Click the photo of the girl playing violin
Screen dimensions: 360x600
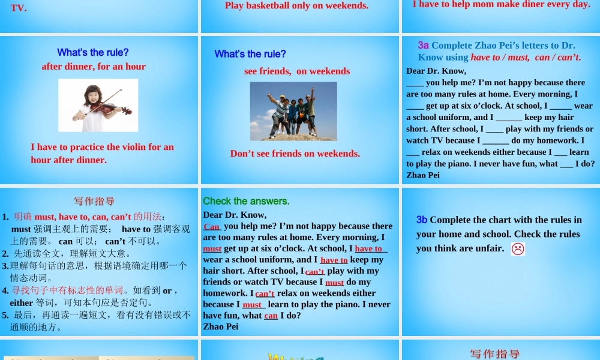click(98, 105)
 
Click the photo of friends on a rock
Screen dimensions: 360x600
click(293, 111)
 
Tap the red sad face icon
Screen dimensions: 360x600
click(518, 249)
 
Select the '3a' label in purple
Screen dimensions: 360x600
click(424, 45)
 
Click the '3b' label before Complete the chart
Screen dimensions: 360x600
click(422, 220)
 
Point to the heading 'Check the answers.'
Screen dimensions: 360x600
click(246, 201)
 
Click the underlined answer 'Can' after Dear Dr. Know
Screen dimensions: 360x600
click(212, 226)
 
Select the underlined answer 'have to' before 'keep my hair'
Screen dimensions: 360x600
click(334, 260)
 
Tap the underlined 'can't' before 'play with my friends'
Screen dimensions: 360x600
click(315, 271)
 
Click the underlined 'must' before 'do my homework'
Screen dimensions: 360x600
click(334, 282)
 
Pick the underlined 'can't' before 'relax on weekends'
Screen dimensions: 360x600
click(265, 293)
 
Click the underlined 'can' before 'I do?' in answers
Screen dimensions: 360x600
click(271, 316)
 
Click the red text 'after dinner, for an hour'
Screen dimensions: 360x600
click(94, 67)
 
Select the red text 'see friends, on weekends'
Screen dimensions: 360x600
click(297, 71)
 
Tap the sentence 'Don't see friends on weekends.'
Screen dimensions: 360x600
click(295, 153)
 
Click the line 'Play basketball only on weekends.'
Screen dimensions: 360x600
click(296, 6)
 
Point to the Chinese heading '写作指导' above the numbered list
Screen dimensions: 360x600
click(94, 202)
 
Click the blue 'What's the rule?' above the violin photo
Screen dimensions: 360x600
click(93, 52)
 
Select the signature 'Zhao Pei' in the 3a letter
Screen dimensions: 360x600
click(423, 175)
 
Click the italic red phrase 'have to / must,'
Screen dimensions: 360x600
click(500, 58)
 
